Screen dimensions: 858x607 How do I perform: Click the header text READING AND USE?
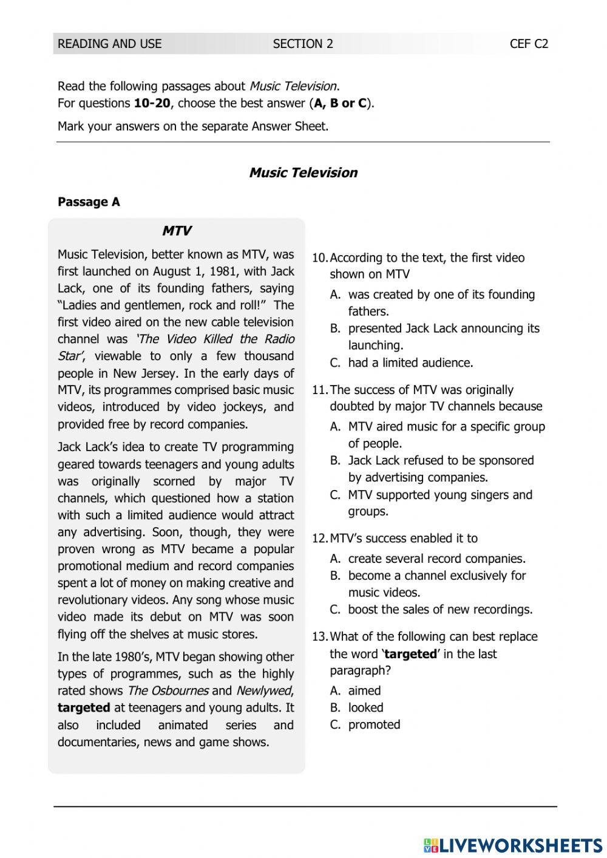click(x=109, y=44)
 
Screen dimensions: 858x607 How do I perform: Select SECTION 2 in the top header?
click(x=303, y=44)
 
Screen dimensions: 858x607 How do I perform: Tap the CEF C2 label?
click(x=529, y=44)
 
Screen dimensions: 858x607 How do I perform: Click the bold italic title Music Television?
click(x=303, y=172)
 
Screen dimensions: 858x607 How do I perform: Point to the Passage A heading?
click(x=89, y=202)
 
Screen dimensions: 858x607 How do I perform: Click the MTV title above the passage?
click(x=177, y=231)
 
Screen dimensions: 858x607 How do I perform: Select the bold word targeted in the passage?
click(x=84, y=708)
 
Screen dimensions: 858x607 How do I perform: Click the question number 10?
click(x=319, y=258)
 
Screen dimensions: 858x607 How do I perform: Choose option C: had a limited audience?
click(x=410, y=363)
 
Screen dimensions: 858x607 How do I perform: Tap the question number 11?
click(x=319, y=390)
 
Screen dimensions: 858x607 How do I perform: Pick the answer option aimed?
click(x=364, y=691)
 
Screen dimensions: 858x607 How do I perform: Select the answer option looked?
click(x=365, y=708)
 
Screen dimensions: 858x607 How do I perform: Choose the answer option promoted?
click(x=374, y=725)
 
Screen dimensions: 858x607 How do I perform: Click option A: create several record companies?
click(x=436, y=559)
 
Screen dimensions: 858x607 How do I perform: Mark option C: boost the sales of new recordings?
click(x=440, y=610)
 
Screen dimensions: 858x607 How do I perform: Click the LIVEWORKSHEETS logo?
click(x=513, y=845)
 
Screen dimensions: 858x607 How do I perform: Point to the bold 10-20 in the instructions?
click(x=152, y=103)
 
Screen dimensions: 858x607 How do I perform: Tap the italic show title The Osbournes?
click(x=168, y=691)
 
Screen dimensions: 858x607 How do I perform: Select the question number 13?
click(x=319, y=637)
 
